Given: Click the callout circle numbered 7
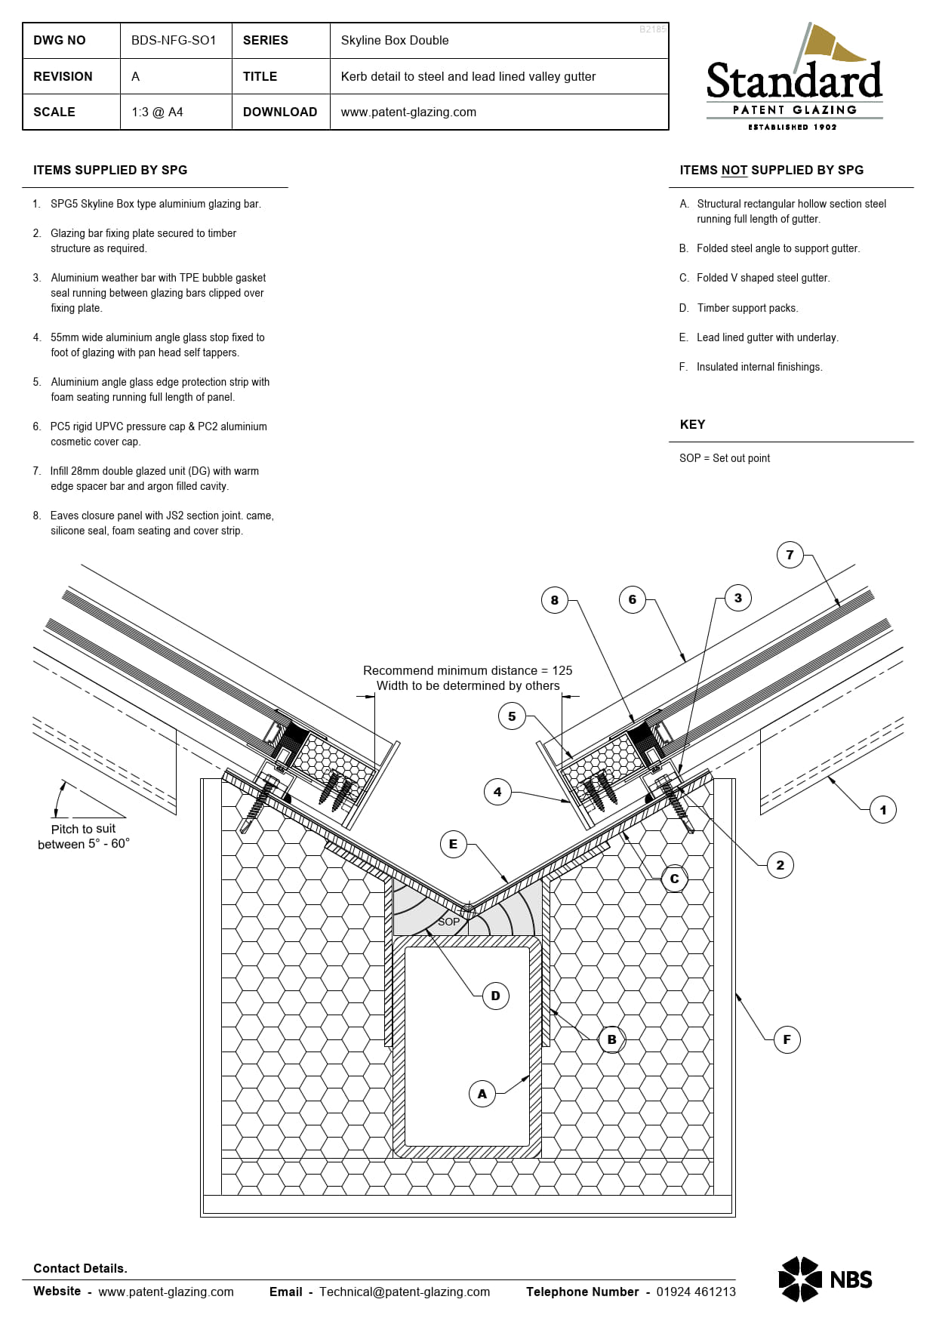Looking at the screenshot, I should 790,555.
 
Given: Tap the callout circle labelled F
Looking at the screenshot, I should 787,1039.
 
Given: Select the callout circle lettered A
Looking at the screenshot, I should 482,1094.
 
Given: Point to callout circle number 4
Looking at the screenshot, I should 497,792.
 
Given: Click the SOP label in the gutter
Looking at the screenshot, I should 448,922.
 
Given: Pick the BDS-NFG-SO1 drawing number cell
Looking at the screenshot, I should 174,40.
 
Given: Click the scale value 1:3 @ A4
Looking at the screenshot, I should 157,112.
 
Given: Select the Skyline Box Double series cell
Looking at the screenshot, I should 394,40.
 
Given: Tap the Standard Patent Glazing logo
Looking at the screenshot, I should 794,79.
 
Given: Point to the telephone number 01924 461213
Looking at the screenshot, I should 695,1292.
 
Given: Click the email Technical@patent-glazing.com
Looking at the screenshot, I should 404,1292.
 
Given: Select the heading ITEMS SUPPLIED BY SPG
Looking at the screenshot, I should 110,170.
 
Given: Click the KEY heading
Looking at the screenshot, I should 692,424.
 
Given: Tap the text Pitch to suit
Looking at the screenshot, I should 83,829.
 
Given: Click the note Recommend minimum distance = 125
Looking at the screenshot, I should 467,670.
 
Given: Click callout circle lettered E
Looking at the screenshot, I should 453,844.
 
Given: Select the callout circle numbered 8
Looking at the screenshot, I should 554,600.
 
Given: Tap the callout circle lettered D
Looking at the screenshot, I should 495,996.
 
